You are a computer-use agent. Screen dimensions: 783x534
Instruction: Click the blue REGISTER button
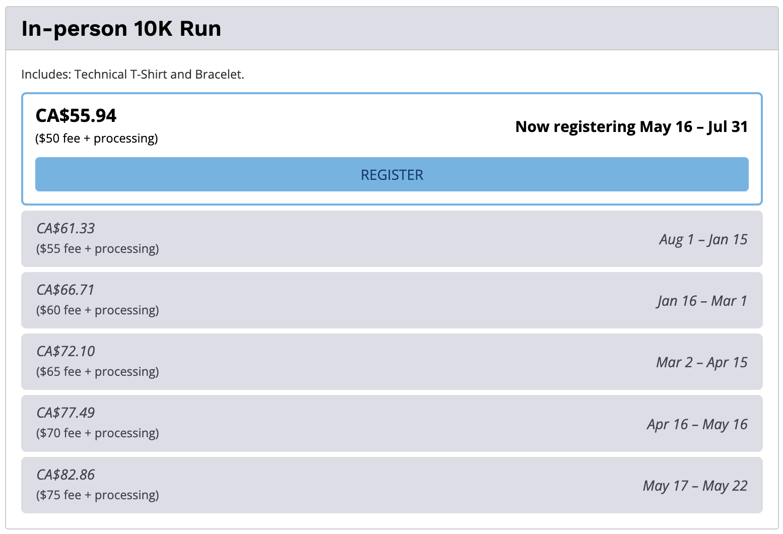coord(392,174)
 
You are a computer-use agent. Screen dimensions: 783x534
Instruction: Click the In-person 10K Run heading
coord(121,28)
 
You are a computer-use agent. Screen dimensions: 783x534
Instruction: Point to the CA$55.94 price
coord(76,115)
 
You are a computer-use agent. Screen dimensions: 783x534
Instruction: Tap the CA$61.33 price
coord(66,228)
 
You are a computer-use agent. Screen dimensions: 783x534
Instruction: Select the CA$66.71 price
coord(66,290)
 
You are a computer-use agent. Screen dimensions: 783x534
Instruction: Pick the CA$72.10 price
coord(66,351)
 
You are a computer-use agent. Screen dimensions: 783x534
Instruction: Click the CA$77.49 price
coord(66,413)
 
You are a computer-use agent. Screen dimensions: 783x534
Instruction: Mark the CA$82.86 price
coord(66,475)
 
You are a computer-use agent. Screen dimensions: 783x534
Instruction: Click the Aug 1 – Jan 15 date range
coord(703,240)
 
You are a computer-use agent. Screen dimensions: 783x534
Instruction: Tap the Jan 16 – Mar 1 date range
coord(702,301)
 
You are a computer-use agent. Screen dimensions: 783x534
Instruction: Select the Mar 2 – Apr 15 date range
coord(702,362)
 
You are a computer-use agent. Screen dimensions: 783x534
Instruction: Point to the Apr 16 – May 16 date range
coord(697,425)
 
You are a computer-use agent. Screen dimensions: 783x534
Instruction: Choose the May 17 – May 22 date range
coord(695,486)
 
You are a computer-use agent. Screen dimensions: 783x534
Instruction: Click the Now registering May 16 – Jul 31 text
coord(632,126)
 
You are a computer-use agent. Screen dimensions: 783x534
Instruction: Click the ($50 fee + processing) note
coord(96,139)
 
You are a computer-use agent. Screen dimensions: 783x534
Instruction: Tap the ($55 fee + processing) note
coord(98,249)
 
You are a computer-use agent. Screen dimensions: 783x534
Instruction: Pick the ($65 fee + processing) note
coord(98,371)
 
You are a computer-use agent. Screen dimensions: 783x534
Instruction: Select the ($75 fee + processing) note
coord(98,495)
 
